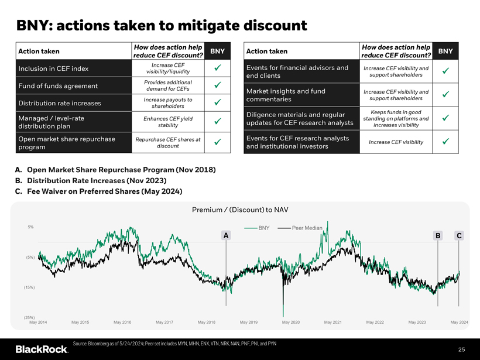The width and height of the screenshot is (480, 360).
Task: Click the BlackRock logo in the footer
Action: (42, 349)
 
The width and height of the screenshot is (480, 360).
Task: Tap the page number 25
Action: (461, 349)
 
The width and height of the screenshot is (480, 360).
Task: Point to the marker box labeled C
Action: (460, 235)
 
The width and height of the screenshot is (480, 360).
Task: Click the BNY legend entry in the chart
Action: (258, 227)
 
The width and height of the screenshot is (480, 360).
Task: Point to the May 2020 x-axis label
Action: (291, 323)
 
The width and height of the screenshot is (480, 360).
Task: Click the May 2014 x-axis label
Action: (38, 323)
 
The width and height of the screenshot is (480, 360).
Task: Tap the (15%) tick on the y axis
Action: (29, 287)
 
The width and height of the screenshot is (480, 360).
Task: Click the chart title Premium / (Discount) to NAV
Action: (240, 210)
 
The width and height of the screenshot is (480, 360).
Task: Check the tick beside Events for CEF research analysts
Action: (445, 141)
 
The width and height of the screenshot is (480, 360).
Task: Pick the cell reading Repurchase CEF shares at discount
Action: (168, 142)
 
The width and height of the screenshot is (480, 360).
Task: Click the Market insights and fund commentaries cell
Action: (286, 95)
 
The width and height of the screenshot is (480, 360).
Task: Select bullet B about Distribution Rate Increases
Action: (96, 180)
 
